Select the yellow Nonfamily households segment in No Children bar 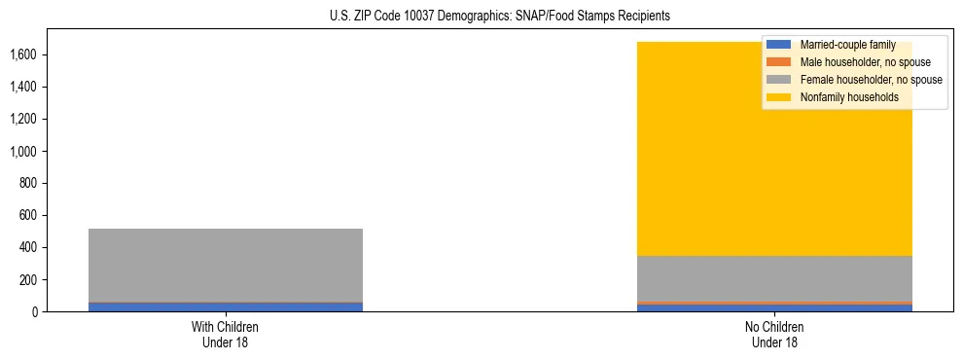[700, 175]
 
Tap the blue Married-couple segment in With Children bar [226, 306]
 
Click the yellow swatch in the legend [780, 97]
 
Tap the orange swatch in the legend [780, 62]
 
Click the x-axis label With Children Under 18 [226, 334]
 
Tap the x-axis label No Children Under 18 [774, 334]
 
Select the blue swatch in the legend [780, 45]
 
